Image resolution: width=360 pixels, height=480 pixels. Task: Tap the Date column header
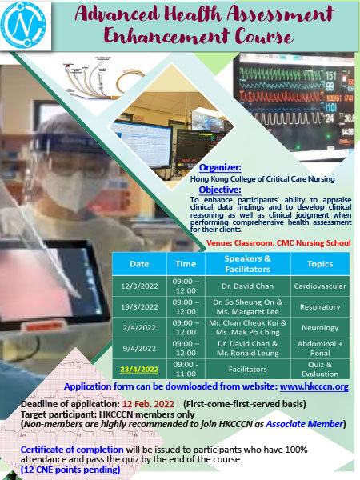pyautogui.click(x=139, y=262)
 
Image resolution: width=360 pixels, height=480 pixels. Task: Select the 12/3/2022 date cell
pyautogui.click(x=139, y=285)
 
